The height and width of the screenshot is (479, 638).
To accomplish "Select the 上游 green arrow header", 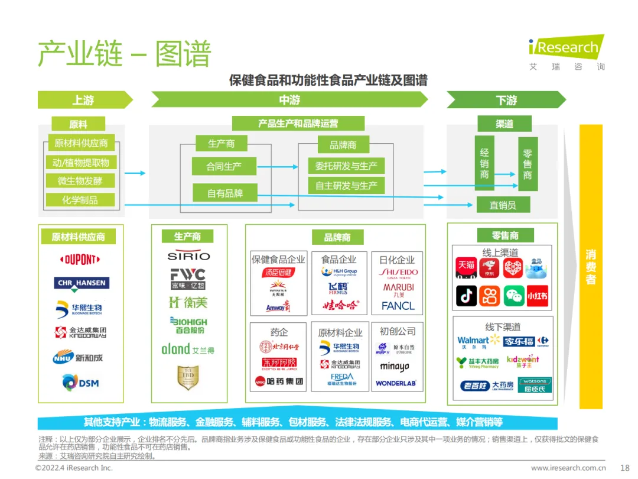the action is [84, 100].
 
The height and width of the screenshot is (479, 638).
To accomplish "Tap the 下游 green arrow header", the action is [506, 100].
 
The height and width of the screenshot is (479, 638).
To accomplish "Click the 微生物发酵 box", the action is [80, 181].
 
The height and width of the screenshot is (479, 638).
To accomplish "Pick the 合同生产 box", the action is [223, 166].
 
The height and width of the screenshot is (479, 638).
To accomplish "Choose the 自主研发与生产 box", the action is [346, 186].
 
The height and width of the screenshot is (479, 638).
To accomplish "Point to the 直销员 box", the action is [503, 205].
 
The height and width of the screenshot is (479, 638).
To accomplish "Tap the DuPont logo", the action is [80, 260].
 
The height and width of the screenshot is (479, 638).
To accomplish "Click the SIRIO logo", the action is [188, 256].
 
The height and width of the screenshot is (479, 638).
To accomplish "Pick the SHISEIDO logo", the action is [398, 273].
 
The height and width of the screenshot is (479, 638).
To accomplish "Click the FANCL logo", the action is [398, 306].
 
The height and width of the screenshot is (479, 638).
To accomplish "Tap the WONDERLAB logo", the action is [396, 383].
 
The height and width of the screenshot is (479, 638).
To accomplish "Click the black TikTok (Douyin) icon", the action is [466, 295].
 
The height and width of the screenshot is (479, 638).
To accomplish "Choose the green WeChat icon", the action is [513, 295].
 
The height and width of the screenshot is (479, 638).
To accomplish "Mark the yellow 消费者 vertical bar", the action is [590, 266].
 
